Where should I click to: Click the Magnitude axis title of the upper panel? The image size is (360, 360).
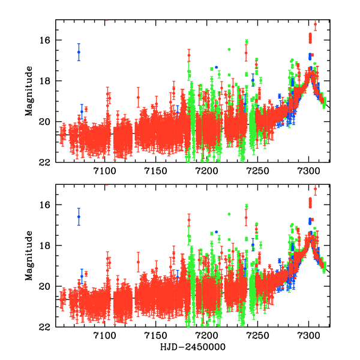coord(28,91)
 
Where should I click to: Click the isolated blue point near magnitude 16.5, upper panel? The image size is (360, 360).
coord(79,52)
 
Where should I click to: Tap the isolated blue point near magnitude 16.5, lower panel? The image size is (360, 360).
coord(79,217)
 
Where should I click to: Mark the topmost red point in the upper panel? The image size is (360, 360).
coord(316,25)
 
